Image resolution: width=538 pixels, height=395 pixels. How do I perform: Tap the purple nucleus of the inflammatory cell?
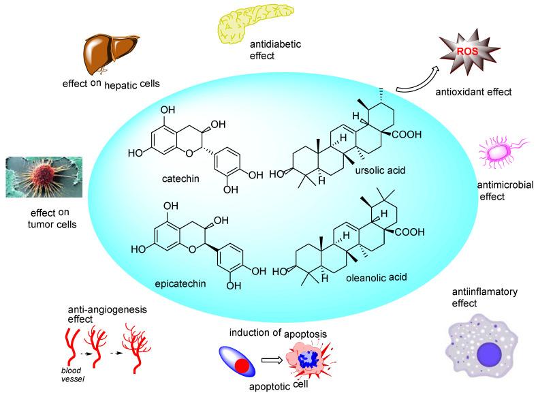tap(489, 354)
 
